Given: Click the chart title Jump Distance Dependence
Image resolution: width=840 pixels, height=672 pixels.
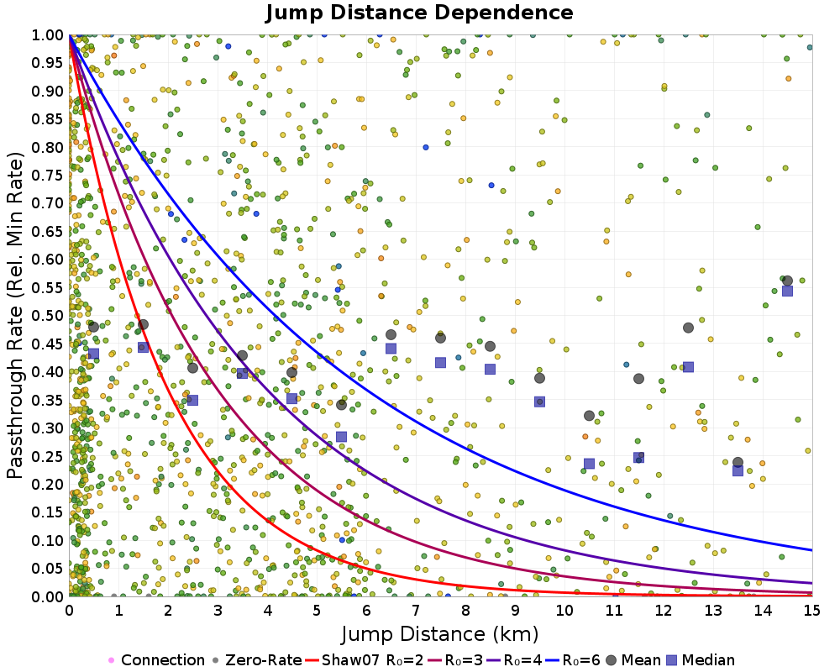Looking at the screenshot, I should [x=419, y=13].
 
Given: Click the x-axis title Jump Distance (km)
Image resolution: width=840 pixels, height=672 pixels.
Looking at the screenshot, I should [x=439, y=633].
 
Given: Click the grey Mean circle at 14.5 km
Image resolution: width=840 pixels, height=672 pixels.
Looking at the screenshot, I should [x=787, y=281].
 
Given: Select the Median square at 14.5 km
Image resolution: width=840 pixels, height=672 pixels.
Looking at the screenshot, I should [x=787, y=291].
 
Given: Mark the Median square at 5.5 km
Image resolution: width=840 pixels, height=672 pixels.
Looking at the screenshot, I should [x=341, y=436].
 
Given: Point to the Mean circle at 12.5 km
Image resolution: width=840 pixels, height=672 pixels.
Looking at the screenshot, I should [x=688, y=328].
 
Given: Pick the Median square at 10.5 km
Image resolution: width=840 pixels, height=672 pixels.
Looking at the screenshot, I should [x=589, y=463].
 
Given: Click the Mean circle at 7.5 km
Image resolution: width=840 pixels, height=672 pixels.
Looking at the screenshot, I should [x=440, y=338].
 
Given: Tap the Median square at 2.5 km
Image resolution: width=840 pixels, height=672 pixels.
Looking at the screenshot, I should [x=192, y=400].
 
